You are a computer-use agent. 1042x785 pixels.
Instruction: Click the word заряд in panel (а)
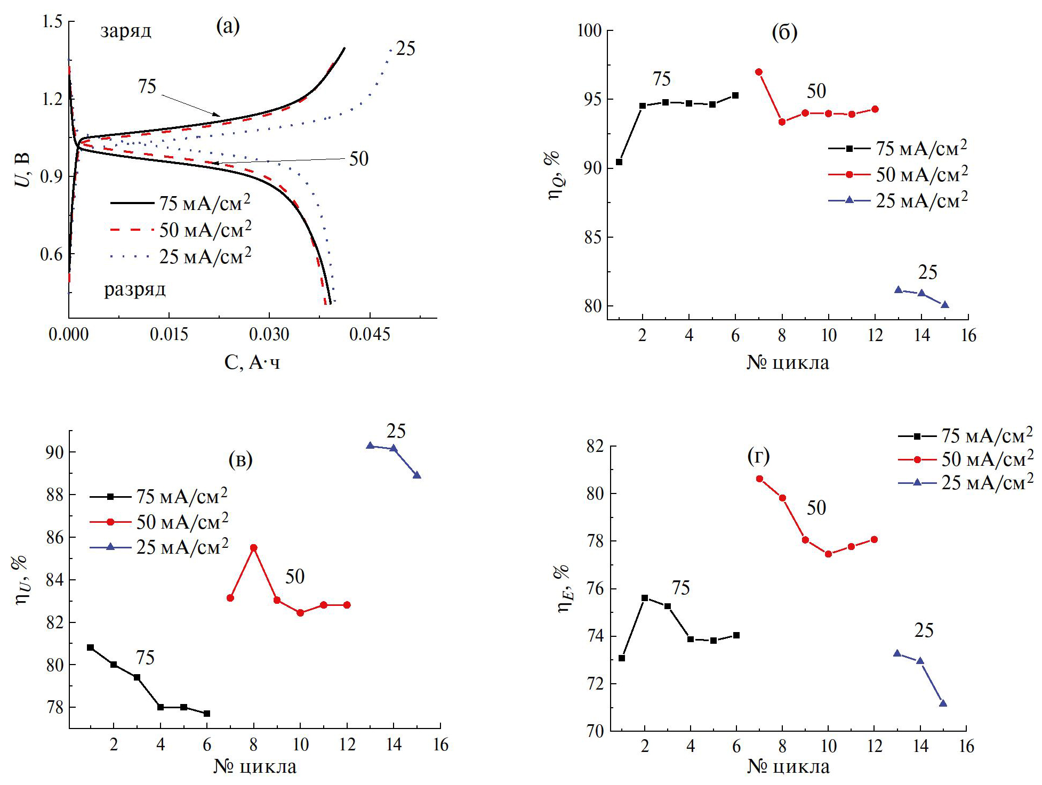(126, 31)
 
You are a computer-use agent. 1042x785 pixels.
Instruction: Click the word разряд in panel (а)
(135, 289)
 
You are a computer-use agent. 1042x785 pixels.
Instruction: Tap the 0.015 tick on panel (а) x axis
(169, 335)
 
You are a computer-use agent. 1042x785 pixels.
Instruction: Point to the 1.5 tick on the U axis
(52, 21)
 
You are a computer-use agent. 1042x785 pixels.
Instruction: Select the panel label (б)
(784, 33)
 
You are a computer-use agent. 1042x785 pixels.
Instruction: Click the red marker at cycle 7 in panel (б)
(759, 72)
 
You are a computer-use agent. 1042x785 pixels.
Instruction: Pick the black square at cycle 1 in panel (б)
(619, 162)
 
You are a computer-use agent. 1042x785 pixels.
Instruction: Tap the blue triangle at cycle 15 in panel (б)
(945, 305)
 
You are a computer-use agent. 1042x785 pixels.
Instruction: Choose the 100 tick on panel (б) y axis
(590, 31)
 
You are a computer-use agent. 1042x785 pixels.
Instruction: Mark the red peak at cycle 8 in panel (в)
(254, 548)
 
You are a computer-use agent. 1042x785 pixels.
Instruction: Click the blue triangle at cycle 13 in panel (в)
(370, 446)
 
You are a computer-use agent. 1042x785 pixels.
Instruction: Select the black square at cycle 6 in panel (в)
(207, 714)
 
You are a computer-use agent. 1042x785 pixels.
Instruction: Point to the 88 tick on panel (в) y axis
(55, 495)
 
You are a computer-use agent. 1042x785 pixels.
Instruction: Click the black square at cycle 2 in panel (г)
(645, 598)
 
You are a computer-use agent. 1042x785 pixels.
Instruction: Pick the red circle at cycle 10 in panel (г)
(828, 554)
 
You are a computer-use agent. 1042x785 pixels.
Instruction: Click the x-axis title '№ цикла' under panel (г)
(788, 766)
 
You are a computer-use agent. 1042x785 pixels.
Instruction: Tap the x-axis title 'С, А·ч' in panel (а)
(252, 362)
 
